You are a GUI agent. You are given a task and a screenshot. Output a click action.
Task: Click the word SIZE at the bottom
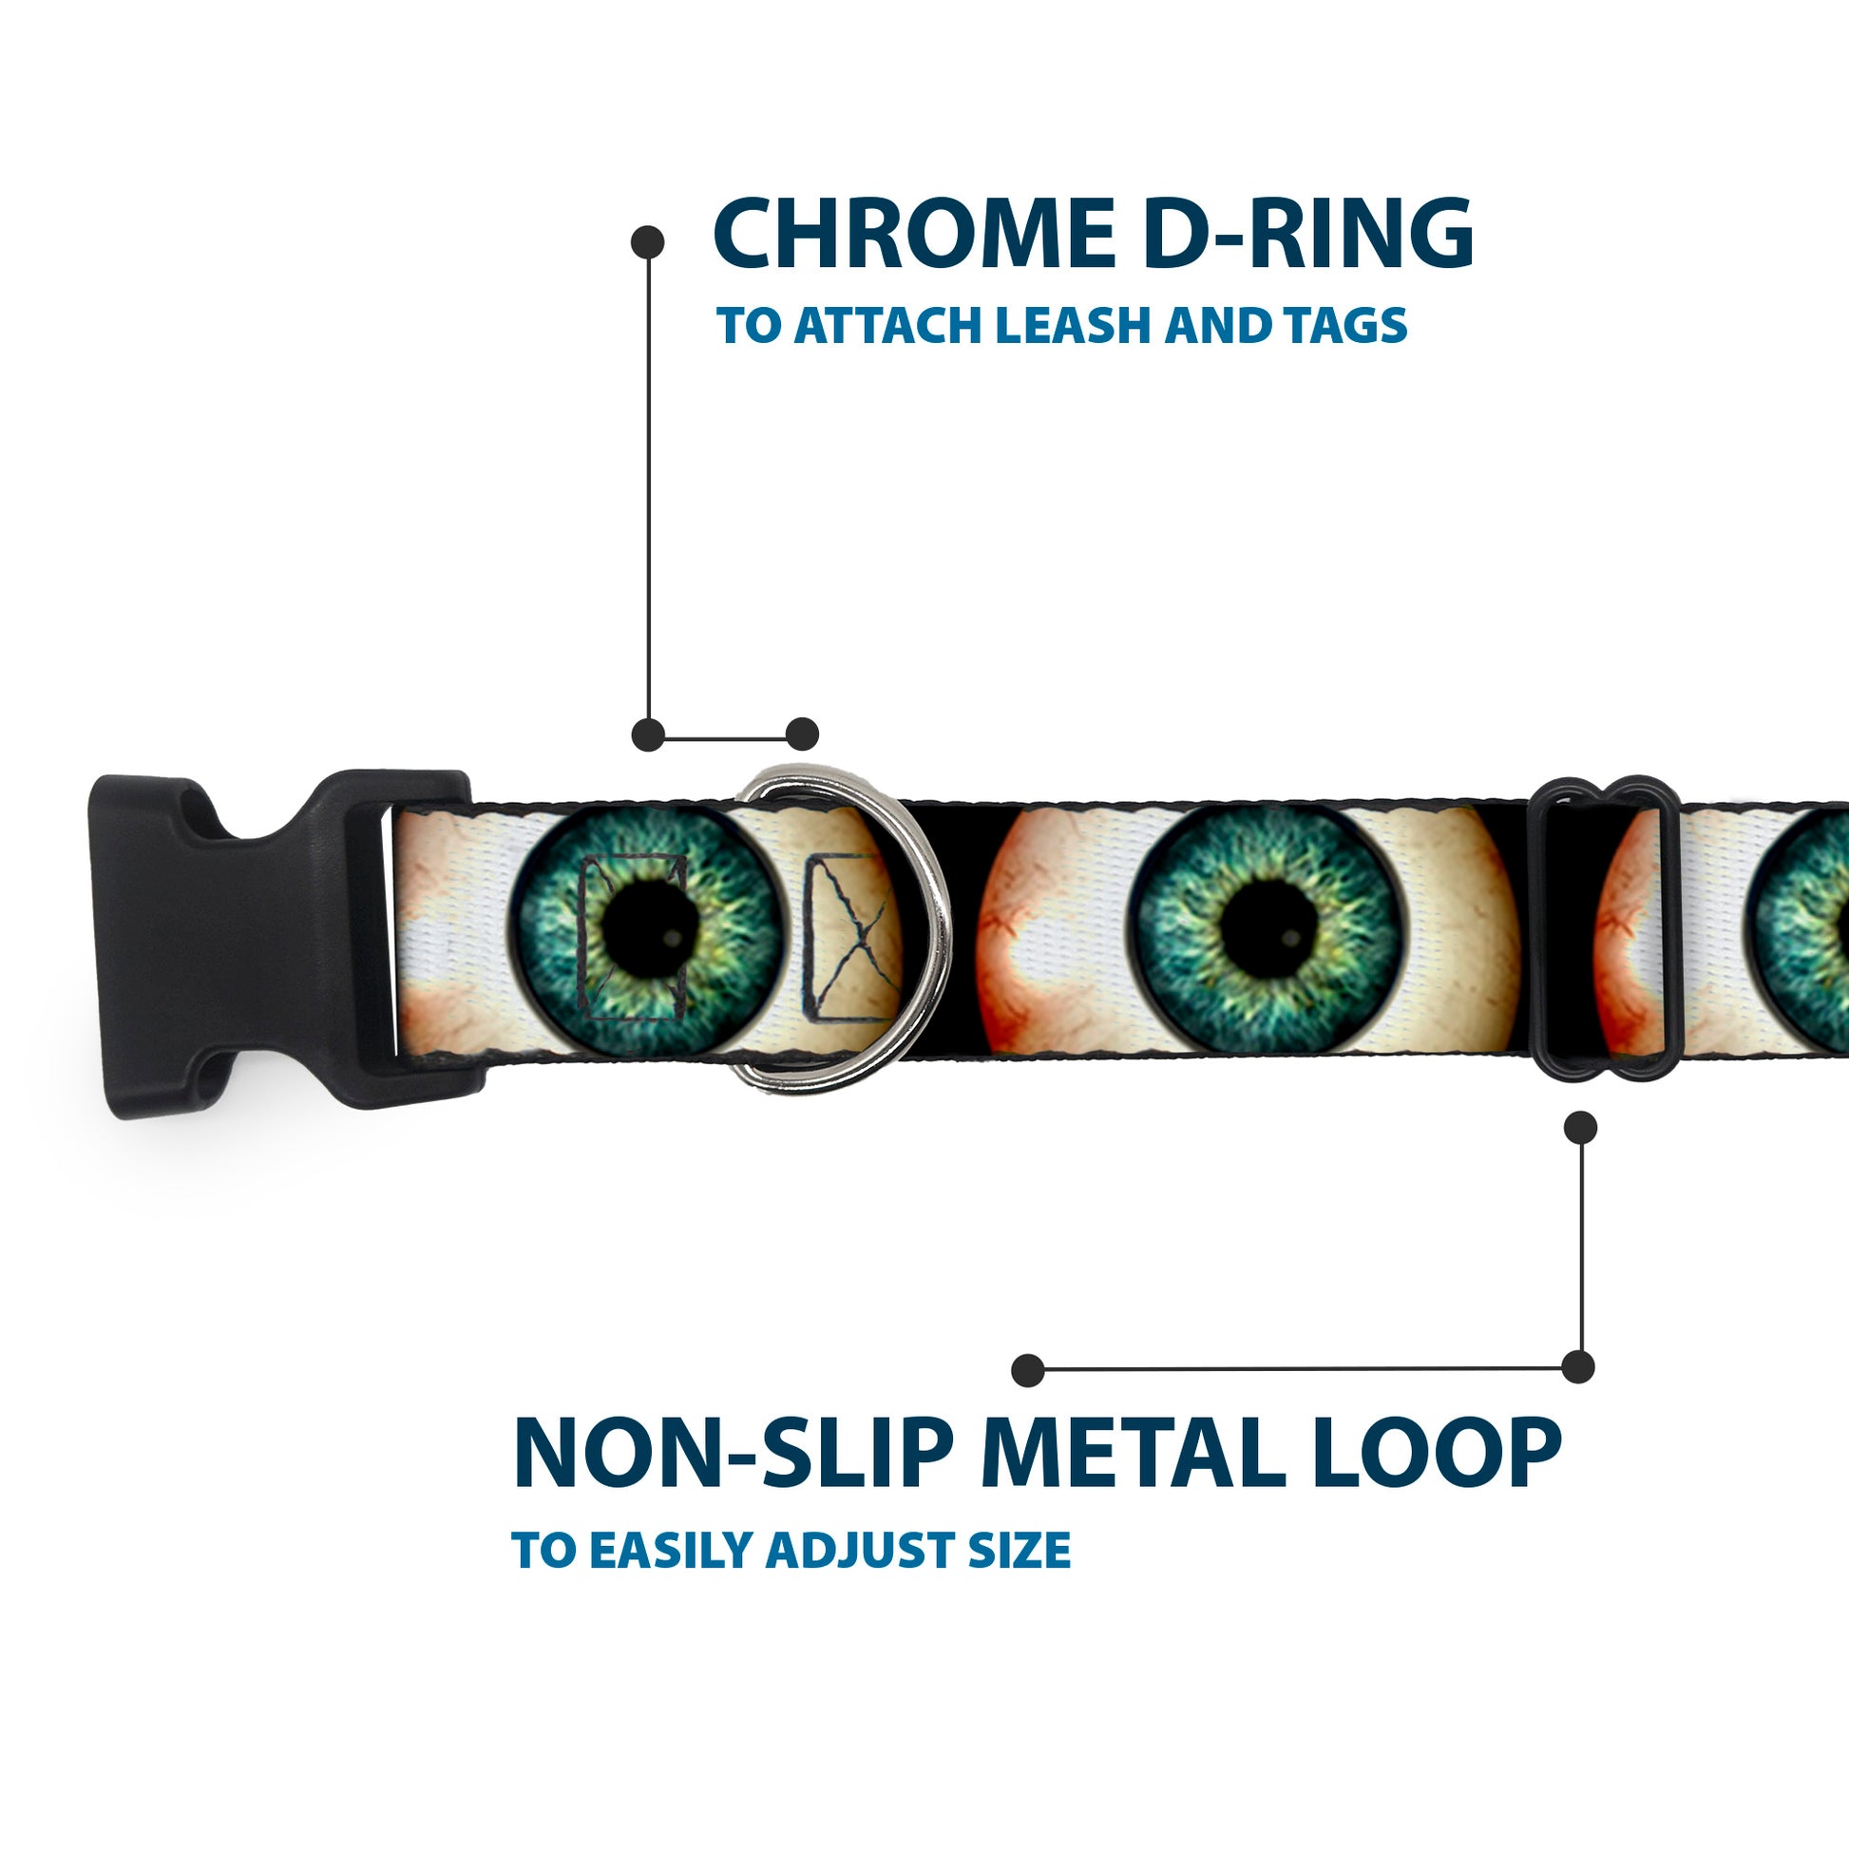(x=1020, y=1551)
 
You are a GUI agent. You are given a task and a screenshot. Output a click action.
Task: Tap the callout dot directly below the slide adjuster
(x=1580, y=1128)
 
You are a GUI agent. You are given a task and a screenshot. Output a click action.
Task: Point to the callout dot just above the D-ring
(x=802, y=734)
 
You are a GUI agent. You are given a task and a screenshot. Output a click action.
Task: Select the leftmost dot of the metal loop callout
(x=1028, y=1369)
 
